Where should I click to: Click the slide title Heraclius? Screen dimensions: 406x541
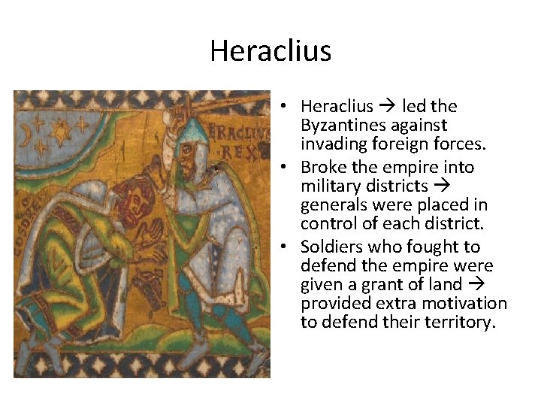point(270,51)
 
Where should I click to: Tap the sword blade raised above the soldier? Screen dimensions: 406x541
point(225,103)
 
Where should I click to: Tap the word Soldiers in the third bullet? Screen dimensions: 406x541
point(331,247)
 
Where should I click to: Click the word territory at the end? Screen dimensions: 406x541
point(460,323)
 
